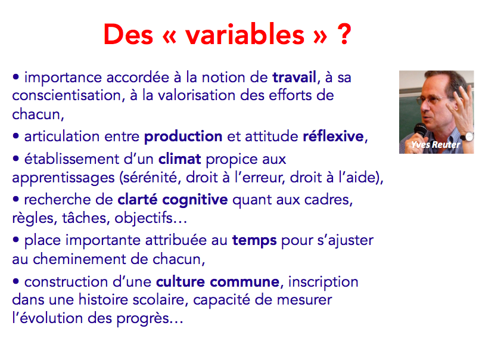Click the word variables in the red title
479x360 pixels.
point(245,34)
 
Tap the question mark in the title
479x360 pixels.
point(344,34)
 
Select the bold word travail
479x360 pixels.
point(294,77)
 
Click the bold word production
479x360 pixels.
point(183,136)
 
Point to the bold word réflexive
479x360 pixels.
point(333,136)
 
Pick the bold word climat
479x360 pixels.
point(180,159)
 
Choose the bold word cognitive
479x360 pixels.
point(195,200)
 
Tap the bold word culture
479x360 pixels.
point(181,281)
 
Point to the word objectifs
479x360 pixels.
point(143,218)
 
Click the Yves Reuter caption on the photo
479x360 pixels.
point(436,145)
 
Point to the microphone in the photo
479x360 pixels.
point(420,131)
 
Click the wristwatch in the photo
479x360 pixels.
point(468,136)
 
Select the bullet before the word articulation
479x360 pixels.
point(16,136)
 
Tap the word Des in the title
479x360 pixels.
point(128,34)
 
